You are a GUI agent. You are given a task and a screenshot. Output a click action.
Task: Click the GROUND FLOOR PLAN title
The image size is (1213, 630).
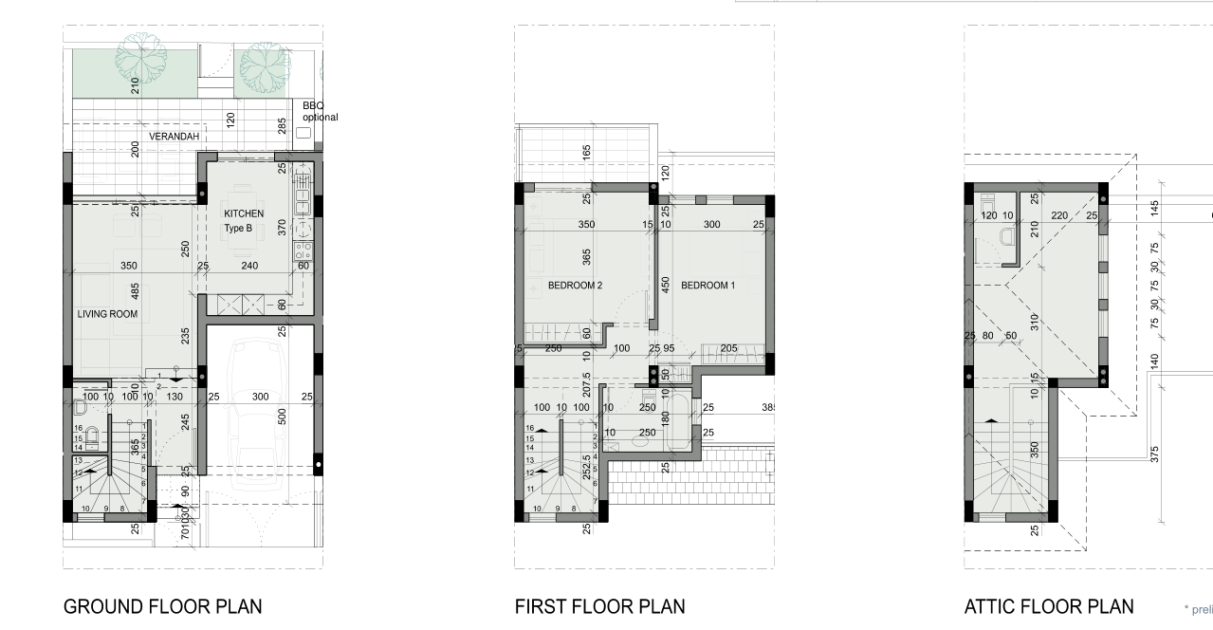pyautogui.click(x=162, y=606)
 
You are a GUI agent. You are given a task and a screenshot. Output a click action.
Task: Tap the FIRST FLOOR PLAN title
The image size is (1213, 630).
pyautogui.click(x=599, y=606)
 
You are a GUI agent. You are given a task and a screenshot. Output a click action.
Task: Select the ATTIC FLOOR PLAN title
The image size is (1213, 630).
pyautogui.click(x=1048, y=606)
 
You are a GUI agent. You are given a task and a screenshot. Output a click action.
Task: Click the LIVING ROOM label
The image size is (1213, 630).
pyautogui.click(x=108, y=314)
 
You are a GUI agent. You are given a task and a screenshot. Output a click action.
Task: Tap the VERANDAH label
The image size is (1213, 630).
pyautogui.click(x=175, y=137)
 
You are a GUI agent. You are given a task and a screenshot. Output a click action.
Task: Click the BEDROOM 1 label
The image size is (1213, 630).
pyautogui.click(x=708, y=285)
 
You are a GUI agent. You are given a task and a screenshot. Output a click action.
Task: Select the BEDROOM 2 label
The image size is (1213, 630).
pyautogui.click(x=576, y=285)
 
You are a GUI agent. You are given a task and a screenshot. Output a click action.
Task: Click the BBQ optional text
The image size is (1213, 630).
pyautogui.click(x=319, y=111)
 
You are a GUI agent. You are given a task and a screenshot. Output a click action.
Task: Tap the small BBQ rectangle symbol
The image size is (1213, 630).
pyautogui.click(x=303, y=133)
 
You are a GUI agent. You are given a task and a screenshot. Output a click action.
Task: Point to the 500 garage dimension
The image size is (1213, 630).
pyautogui.click(x=282, y=416)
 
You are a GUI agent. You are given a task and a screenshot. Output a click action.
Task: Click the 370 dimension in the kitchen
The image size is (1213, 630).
pyautogui.click(x=282, y=228)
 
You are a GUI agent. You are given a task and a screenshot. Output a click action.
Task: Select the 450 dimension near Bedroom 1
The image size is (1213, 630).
pyautogui.click(x=666, y=285)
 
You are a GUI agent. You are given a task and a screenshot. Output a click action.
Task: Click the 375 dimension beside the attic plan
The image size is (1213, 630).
pyautogui.click(x=1154, y=454)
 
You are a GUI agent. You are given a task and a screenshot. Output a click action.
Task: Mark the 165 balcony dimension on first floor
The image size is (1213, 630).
pyautogui.click(x=586, y=152)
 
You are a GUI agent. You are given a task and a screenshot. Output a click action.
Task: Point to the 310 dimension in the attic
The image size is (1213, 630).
pyautogui.click(x=1035, y=322)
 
